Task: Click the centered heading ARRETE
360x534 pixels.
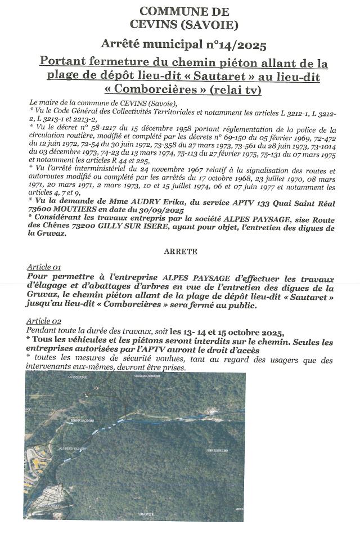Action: pos(181,252)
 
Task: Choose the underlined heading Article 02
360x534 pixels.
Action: pos(44,320)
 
